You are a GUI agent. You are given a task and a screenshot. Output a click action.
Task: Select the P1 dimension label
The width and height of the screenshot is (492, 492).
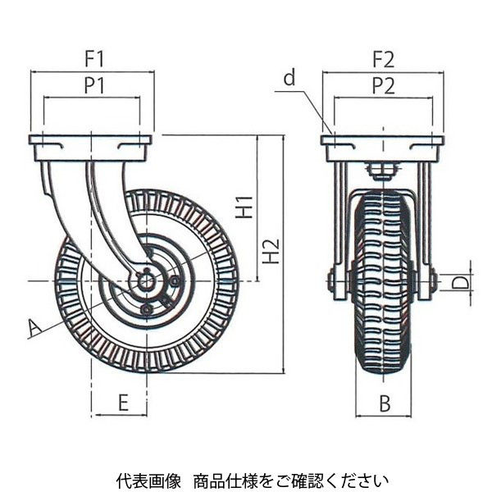pos(92,85)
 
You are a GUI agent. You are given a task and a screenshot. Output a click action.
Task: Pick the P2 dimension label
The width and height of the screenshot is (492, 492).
pos(383,85)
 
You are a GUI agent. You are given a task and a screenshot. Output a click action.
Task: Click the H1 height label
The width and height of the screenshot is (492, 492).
pos(244,208)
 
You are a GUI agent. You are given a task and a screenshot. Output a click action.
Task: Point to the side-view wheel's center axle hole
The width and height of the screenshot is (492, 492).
pos(147,281)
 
